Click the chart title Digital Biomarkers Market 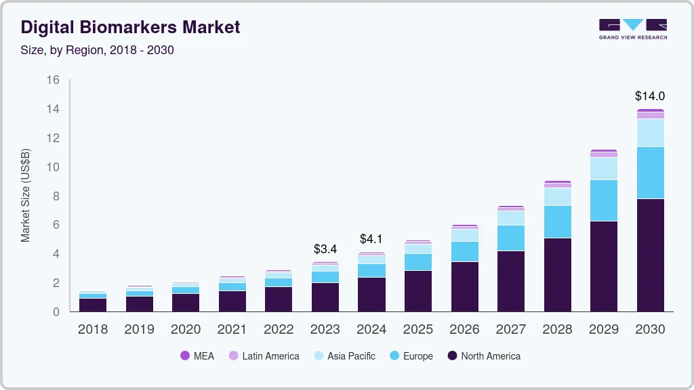pyautogui.click(x=130, y=27)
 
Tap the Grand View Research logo pyautogui.click(x=632, y=28)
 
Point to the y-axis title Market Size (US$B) pyautogui.click(x=26, y=196)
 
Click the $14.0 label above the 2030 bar pyautogui.click(x=650, y=95)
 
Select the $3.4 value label pyautogui.click(x=325, y=249)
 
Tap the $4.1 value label pyautogui.click(x=371, y=239)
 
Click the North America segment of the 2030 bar pyautogui.click(x=650, y=255)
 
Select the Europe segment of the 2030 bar pyautogui.click(x=650, y=173)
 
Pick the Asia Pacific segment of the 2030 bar pyautogui.click(x=650, y=133)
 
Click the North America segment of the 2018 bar pyautogui.click(x=92, y=305)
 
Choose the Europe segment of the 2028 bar pyautogui.click(x=557, y=221)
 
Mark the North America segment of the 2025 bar pyautogui.click(x=417, y=290)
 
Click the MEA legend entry pyautogui.click(x=197, y=356)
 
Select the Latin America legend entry pyautogui.click(x=264, y=356)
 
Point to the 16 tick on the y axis pyautogui.click(x=54, y=80)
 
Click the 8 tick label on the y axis pyautogui.click(x=56, y=196)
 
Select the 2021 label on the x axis pyautogui.click(x=232, y=330)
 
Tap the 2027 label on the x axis pyautogui.click(x=510, y=330)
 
